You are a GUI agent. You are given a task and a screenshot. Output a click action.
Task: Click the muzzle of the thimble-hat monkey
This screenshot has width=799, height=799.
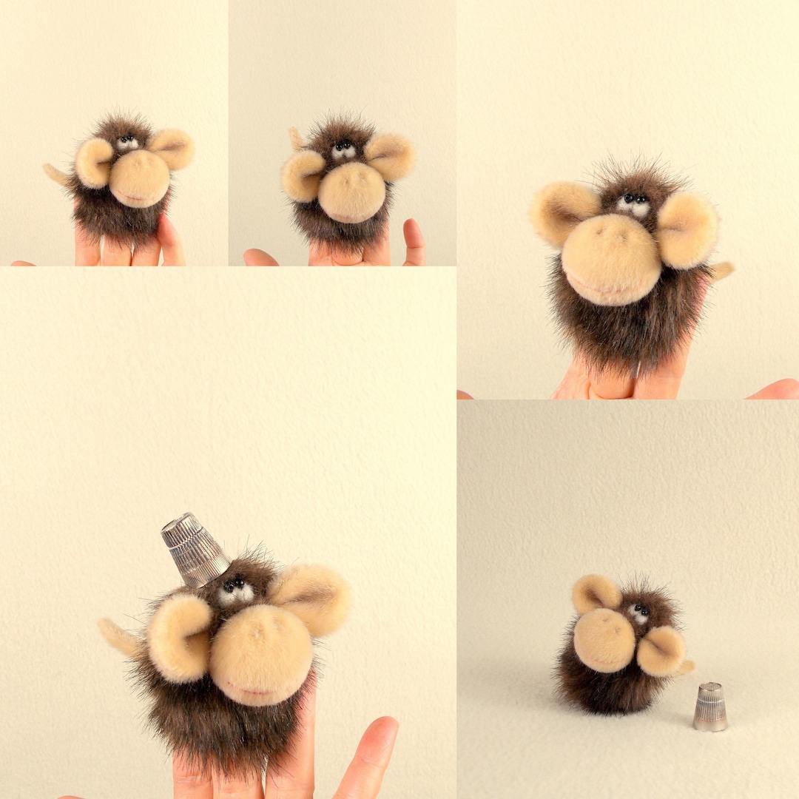(261, 655)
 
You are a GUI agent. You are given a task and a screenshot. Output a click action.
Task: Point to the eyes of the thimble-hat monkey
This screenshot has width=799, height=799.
(235, 590)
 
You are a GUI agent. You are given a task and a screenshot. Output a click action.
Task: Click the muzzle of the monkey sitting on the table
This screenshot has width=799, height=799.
(604, 640)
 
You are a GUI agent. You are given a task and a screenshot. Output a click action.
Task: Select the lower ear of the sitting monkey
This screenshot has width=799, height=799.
(661, 651)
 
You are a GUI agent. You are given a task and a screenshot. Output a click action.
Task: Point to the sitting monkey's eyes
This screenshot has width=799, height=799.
(638, 612)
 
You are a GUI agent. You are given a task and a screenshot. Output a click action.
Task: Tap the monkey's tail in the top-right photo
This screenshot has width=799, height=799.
(720, 271)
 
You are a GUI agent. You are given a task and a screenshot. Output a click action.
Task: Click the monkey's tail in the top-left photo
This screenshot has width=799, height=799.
(55, 174)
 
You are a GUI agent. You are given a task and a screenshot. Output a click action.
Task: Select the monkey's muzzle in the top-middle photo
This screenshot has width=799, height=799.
(351, 192)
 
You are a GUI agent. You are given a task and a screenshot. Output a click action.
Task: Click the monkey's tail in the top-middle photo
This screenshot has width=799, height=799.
(297, 138)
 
